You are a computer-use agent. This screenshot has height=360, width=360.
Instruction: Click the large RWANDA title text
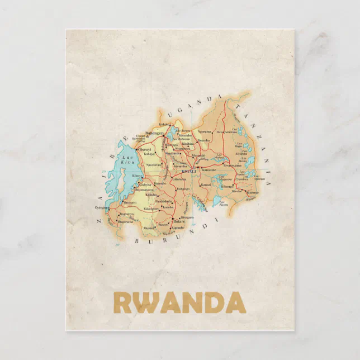(179, 302)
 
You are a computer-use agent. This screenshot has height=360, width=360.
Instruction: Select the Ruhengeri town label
(153, 133)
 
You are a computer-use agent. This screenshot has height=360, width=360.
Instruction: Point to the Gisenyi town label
(144, 150)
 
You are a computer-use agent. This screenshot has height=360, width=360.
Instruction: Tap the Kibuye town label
(137, 176)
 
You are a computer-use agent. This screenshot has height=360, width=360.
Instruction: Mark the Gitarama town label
(178, 179)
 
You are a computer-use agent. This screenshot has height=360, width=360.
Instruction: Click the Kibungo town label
(226, 186)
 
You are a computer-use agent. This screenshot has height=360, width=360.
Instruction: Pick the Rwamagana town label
(231, 165)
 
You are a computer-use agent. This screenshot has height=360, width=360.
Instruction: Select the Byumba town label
(204, 141)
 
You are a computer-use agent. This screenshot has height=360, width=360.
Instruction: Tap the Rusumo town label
(253, 192)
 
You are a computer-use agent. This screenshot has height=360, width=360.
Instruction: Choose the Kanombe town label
(209, 169)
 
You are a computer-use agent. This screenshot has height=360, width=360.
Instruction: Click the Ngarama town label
(203, 131)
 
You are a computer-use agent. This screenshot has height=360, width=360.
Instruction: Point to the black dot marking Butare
(173, 219)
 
